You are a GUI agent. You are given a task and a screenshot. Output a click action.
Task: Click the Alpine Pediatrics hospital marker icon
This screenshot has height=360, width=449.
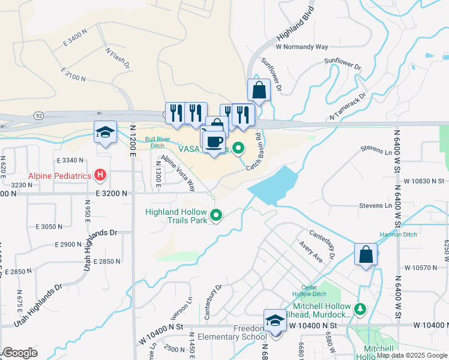click(x=100, y=175)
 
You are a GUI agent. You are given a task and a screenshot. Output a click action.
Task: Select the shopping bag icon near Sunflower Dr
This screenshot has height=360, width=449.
click(x=259, y=91)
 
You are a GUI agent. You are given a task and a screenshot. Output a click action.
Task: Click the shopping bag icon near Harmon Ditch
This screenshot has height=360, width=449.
click(x=365, y=255)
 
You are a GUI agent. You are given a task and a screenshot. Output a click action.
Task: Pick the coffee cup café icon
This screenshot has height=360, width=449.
click(x=214, y=142)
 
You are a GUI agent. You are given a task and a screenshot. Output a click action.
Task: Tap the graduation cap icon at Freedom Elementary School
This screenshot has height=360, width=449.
click(x=275, y=320)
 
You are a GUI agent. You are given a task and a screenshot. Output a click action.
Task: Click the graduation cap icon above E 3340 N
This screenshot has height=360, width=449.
click(x=105, y=133)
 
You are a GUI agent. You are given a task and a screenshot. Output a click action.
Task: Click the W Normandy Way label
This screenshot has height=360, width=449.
click(x=302, y=46)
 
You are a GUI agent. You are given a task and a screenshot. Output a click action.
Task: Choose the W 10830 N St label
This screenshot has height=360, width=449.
click(x=423, y=181)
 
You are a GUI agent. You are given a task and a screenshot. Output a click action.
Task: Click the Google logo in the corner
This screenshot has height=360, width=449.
click(x=20, y=353)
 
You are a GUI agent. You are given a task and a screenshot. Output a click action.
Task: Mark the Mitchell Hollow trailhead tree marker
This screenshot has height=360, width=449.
click(x=360, y=308)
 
